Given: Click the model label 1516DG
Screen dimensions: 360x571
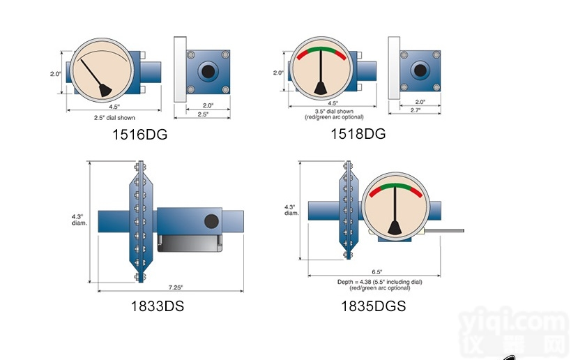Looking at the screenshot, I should (139, 135).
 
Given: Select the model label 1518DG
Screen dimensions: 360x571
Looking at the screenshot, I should (358, 133).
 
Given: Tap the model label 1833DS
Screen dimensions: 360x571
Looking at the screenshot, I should (157, 306).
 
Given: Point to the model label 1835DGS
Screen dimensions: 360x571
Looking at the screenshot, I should (373, 306).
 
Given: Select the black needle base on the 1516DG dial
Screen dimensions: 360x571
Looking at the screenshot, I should (103, 90).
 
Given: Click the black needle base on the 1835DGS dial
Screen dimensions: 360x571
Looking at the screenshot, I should (395, 227).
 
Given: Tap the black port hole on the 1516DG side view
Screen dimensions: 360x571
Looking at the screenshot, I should (206, 71).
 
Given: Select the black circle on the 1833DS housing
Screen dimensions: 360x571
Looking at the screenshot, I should (211, 222).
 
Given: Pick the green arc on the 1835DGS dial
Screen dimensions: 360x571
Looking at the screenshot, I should (395, 185).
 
